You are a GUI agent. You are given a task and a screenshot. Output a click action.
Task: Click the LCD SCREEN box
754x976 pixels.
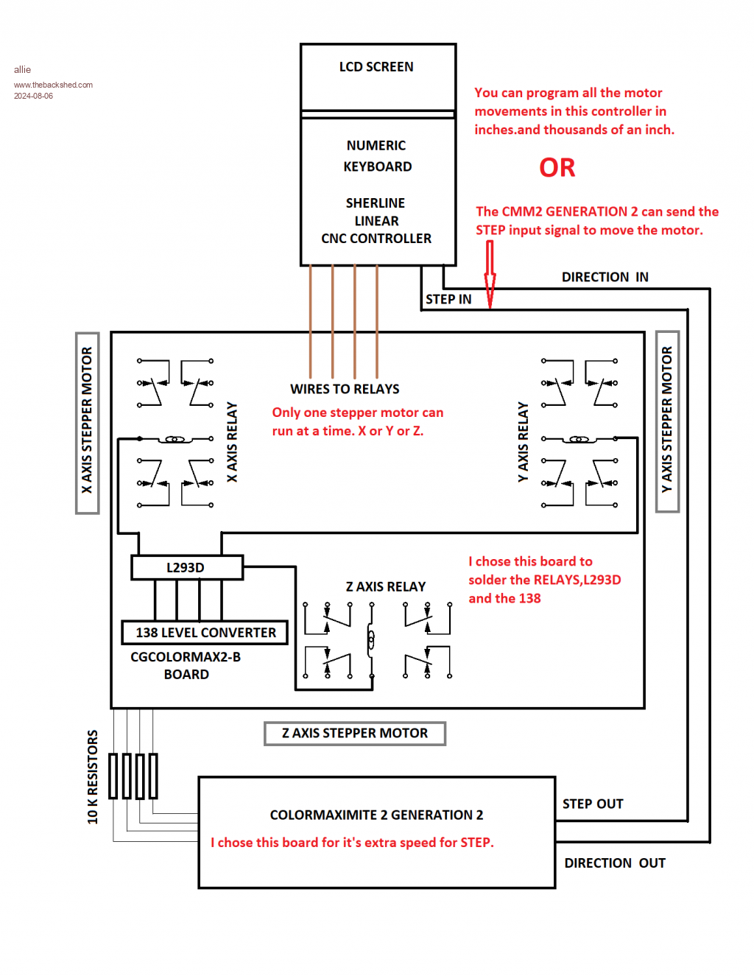(x=378, y=77)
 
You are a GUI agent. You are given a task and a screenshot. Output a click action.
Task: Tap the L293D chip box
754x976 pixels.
(x=186, y=568)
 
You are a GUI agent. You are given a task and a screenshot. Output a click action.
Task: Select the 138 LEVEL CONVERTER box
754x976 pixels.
(x=205, y=633)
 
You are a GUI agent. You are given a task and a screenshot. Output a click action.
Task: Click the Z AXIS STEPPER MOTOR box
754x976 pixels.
(x=355, y=734)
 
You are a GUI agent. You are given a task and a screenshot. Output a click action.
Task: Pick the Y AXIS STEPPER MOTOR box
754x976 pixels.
(x=667, y=421)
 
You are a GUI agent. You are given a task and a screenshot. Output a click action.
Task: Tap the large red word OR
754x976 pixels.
(x=557, y=168)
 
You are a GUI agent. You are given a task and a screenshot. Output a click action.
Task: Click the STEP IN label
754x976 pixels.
(x=448, y=299)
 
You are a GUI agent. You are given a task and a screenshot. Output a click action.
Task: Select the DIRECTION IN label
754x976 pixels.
(x=605, y=277)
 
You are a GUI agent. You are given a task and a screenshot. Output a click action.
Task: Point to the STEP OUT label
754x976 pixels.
(x=593, y=804)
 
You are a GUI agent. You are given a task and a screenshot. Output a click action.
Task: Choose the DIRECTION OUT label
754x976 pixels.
(x=615, y=863)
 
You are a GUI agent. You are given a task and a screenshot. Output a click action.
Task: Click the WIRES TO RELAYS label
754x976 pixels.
(x=345, y=389)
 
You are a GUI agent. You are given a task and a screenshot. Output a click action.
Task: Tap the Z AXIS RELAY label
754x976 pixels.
(x=386, y=586)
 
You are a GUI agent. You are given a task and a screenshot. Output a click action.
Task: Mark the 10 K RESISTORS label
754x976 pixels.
(x=93, y=777)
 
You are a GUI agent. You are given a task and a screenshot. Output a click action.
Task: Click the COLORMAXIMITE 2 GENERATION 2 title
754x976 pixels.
(x=376, y=815)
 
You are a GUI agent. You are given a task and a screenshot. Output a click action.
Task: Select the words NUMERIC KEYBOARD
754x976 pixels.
(x=377, y=156)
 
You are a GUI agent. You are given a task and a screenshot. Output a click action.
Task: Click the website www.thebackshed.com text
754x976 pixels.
(x=53, y=85)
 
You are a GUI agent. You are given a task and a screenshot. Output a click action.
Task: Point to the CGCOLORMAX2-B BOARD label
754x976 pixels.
(x=186, y=665)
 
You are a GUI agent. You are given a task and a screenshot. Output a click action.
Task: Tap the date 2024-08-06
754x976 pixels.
(x=33, y=96)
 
